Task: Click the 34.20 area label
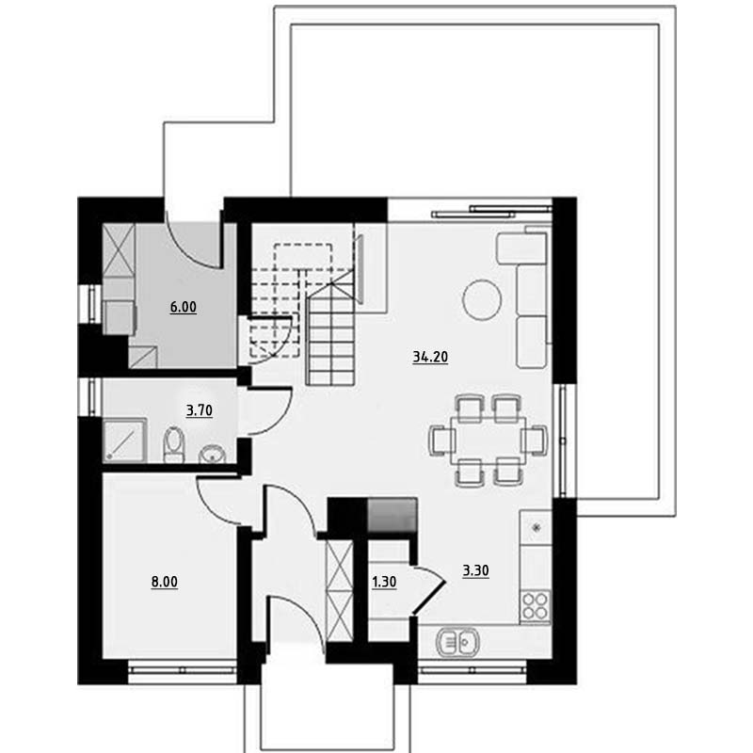430,357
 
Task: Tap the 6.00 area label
184,307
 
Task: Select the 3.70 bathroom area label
200,410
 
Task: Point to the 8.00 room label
165,582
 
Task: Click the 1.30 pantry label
384,582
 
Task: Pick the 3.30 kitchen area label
476,570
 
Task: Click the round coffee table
482,300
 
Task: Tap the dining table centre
488,441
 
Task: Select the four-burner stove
536,606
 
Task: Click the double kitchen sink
457,642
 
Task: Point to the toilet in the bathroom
174,444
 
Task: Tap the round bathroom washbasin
212,454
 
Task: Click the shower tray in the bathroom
124,441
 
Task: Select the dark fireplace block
392,515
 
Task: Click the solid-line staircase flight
331,335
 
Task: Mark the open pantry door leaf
429,598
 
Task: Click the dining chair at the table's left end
442,441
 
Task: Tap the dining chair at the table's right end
534,441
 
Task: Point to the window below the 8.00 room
183,669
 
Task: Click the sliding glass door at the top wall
491,212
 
